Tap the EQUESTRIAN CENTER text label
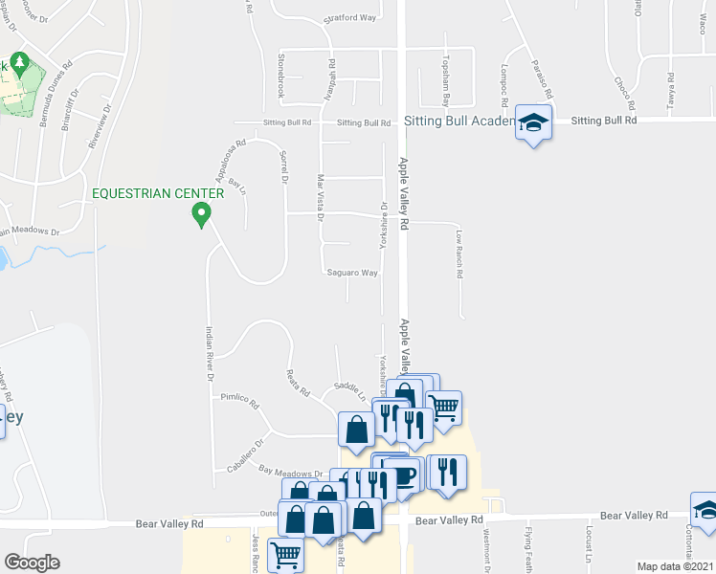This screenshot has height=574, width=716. (158, 193)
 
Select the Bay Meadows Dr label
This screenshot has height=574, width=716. (291, 472)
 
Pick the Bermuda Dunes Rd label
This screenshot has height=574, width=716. (57, 88)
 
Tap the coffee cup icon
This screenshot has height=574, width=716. (403, 475)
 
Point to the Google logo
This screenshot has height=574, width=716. (31, 563)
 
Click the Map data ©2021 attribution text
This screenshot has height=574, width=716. (676, 566)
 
